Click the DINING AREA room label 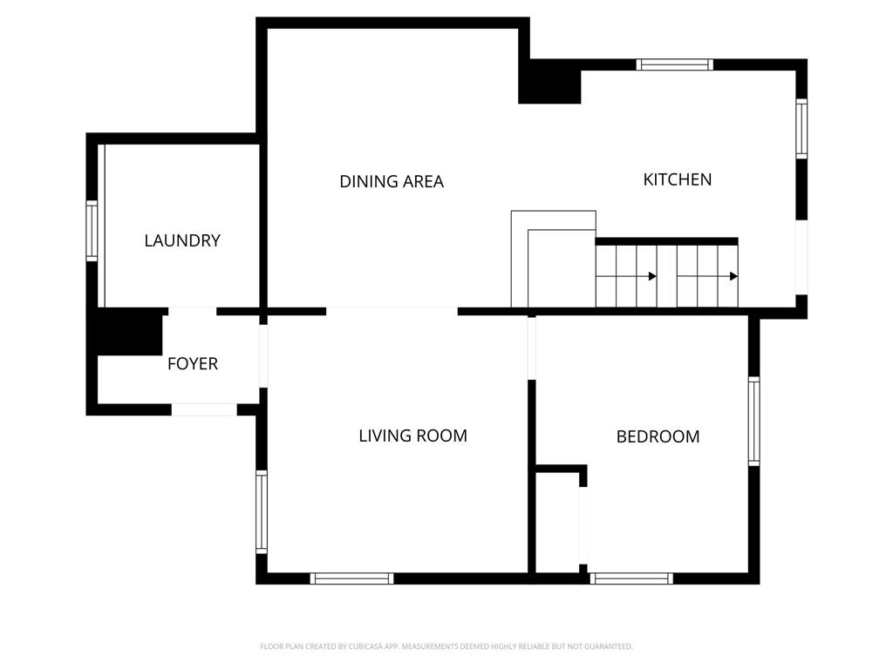(392, 181)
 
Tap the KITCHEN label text (677, 179)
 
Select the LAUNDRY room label (182, 240)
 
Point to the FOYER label (193, 363)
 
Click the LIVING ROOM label (412, 436)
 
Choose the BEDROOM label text (658, 436)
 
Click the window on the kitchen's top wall (674, 64)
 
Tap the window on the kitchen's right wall (801, 129)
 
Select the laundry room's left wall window (92, 230)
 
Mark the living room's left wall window (262, 512)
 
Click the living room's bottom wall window (352, 578)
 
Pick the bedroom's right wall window (754, 421)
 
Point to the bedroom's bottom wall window (631, 578)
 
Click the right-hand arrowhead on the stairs (734, 276)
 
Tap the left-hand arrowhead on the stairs (652, 276)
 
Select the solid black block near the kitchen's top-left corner (549, 81)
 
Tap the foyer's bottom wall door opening (204, 409)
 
